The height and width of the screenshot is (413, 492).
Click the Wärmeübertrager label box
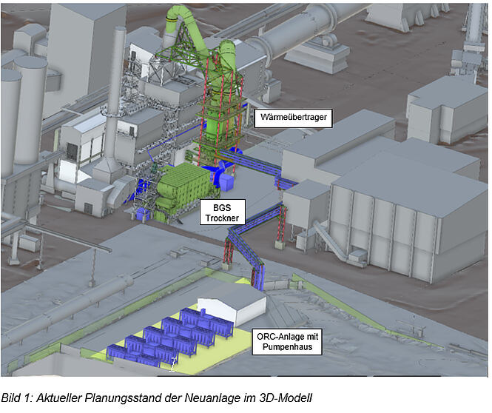pos(293,118)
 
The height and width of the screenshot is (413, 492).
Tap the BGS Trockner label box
pos(223,212)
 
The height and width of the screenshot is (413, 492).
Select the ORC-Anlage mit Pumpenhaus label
pos(287,342)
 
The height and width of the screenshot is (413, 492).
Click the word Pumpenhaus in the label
pos(287,347)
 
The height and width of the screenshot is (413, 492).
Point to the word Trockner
pos(223,218)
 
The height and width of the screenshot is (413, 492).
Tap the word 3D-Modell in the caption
pos(286,398)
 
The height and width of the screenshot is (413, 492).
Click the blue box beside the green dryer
pos(226,182)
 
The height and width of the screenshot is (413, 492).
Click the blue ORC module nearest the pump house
pos(207,320)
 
